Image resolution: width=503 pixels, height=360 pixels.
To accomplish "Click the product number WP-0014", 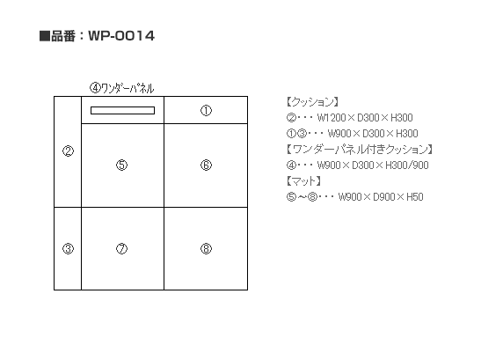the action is pyautogui.click(x=121, y=35).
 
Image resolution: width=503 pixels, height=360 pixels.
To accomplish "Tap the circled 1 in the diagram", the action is pyautogui.click(x=206, y=111).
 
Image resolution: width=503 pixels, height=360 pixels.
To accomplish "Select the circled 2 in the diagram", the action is pyautogui.click(x=68, y=151).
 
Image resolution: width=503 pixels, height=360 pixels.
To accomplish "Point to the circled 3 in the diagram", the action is pyautogui.click(x=68, y=248).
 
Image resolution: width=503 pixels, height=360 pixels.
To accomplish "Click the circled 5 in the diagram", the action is pyautogui.click(x=121, y=165).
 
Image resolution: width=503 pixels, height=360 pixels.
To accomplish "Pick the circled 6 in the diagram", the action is pyautogui.click(x=206, y=165).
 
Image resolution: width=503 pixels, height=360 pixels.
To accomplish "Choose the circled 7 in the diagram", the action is pyautogui.click(x=121, y=248).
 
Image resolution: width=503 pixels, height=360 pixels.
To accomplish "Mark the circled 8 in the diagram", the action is pyautogui.click(x=206, y=248).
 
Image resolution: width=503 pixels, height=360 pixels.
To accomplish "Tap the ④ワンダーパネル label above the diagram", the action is pyautogui.click(x=122, y=88).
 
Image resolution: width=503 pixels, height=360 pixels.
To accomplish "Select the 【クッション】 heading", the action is pyautogui.click(x=312, y=102).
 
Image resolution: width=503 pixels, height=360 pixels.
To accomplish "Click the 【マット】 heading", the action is pyautogui.click(x=303, y=181).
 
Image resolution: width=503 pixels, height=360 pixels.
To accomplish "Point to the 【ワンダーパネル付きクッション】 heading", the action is pyautogui.click(x=360, y=150).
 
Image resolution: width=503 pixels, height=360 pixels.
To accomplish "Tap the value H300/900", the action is pyautogui.click(x=407, y=165).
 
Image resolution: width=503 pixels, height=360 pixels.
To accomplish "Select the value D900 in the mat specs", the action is pyautogui.click(x=383, y=197).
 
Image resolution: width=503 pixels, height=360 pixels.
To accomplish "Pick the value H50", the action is pyautogui.click(x=415, y=197).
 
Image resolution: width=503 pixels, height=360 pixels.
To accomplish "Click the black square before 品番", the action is pyautogui.click(x=45, y=36).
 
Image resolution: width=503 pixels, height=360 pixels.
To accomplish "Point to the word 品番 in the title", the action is pyautogui.click(x=63, y=36).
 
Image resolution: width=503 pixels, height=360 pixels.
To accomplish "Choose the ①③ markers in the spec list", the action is pyautogui.click(x=296, y=134).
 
